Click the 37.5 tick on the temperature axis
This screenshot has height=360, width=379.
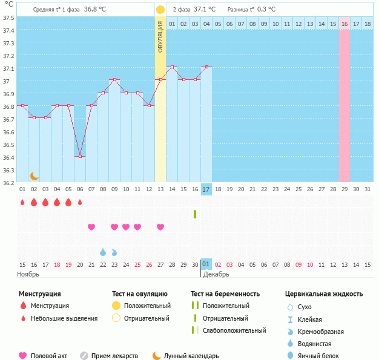[x=8, y=17]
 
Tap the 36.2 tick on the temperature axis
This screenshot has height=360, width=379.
[x=8, y=183]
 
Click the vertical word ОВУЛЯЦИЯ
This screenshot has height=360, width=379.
[x=160, y=36]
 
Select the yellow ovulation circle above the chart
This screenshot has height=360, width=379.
[x=160, y=10]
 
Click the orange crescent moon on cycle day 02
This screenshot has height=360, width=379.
[x=35, y=176]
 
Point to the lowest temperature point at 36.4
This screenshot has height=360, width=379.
[x=80, y=157]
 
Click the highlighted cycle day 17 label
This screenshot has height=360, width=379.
[x=206, y=189]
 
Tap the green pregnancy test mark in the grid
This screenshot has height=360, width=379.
[x=195, y=214]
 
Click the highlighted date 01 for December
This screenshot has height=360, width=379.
[x=206, y=264]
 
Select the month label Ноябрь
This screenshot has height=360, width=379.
[x=28, y=274]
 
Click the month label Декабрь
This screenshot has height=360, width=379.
[x=216, y=274]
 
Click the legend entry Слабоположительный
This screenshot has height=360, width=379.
[x=235, y=330]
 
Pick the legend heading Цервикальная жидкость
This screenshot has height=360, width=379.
[x=324, y=294]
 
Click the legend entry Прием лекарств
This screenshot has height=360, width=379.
[x=114, y=356]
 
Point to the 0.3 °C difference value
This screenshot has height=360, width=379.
[x=266, y=10]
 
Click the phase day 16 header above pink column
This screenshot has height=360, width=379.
[x=344, y=24]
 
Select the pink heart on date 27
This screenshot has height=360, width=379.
[x=160, y=227]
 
